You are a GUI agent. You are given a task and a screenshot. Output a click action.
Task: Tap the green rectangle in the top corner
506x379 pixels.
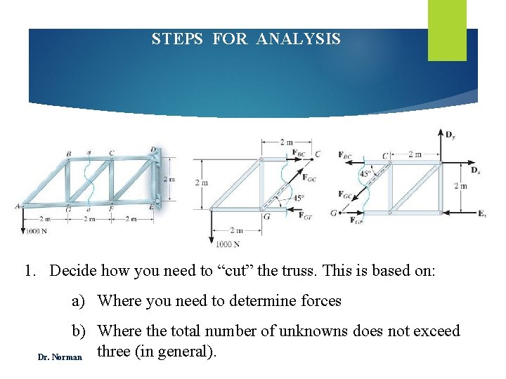pos(447,29)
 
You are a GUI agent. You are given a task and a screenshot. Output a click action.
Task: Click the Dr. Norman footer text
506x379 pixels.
pos(60,357)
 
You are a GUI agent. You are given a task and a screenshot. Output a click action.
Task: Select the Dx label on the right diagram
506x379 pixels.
pos(475,170)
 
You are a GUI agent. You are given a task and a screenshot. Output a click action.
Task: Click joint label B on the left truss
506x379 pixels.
pos(68,154)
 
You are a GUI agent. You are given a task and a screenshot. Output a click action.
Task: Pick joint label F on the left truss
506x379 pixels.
pos(111,208)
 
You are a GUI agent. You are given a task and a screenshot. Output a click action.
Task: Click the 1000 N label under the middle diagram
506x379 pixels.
pos(228,244)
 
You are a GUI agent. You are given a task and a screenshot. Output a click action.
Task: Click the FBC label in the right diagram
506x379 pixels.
pos(346,154)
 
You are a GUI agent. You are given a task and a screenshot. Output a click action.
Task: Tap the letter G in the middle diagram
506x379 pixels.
pos(267,217)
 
